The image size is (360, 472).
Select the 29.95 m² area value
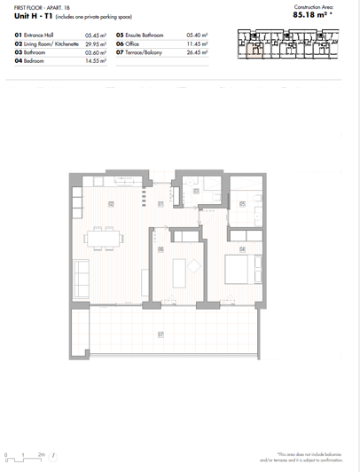96,43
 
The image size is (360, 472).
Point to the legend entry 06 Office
133,43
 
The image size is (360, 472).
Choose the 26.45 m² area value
197,51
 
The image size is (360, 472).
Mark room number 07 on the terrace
160,334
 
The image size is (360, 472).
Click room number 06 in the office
160,249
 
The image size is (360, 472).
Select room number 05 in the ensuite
242,204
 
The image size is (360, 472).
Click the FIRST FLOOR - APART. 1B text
40,5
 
